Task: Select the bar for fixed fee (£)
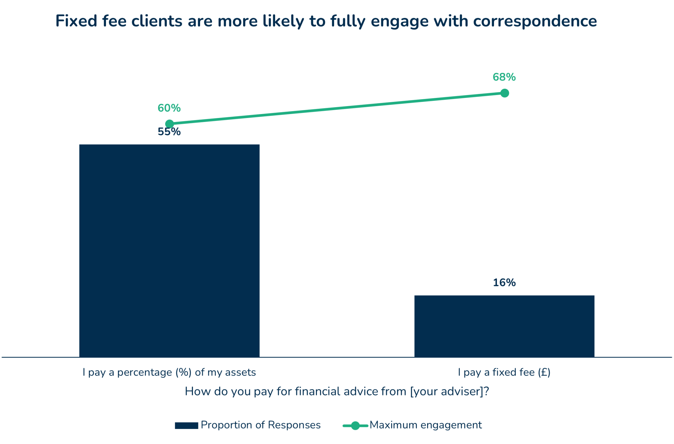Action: point(504,326)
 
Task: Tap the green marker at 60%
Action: point(169,124)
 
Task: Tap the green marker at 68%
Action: point(505,93)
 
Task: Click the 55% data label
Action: point(169,132)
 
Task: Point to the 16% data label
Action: point(504,283)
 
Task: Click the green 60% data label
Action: point(169,108)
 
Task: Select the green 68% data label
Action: point(504,77)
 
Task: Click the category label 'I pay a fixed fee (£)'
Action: point(504,372)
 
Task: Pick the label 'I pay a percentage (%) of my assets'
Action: point(169,372)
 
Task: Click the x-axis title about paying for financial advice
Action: point(337,391)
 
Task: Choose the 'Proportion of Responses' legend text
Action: point(261,425)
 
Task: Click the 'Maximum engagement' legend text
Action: point(426,425)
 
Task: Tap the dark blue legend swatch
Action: point(186,426)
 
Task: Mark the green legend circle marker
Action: point(355,426)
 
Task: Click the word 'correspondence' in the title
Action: point(535,21)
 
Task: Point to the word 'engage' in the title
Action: point(400,21)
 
